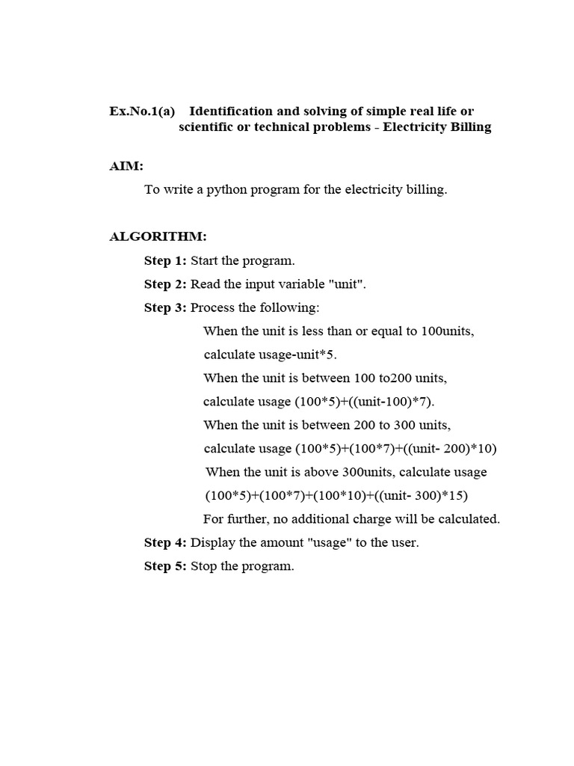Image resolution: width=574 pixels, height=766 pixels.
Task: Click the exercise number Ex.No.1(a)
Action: coord(142,111)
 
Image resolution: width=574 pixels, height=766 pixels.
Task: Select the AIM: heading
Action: coord(126,166)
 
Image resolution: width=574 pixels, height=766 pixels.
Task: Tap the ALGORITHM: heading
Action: coord(158,236)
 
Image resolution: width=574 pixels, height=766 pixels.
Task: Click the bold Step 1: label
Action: coord(165,261)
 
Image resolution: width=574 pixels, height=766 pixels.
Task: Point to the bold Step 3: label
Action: coord(165,307)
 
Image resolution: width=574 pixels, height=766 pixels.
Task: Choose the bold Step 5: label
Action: coord(165,566)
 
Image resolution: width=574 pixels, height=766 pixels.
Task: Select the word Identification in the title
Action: coord(236,111)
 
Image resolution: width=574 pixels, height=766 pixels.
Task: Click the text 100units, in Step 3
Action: coord(448,331)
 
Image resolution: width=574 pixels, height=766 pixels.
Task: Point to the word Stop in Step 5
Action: coord(203,566)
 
